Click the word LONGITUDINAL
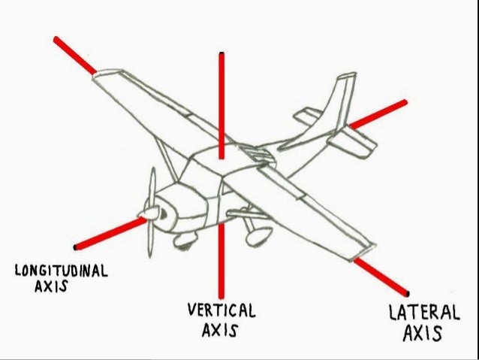[61, 269]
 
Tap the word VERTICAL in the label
[221, 310]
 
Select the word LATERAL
[423, 311]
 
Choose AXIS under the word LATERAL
[421, 333]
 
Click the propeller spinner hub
[152, 214]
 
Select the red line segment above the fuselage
[221, 105]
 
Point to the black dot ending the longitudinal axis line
[75, 247]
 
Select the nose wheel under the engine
[182, 241]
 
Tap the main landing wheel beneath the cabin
[258, 235]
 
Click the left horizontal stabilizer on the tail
[308, 116]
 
